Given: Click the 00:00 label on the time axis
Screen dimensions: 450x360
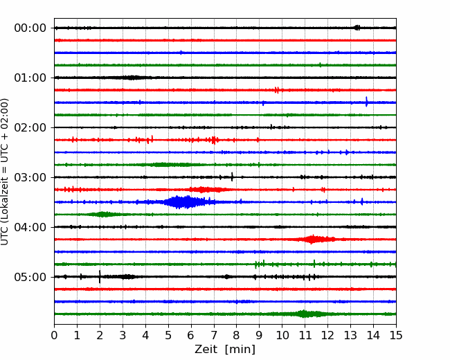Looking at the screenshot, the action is click(x=30, y=28).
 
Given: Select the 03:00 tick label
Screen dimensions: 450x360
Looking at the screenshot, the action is click(x=30, y=177).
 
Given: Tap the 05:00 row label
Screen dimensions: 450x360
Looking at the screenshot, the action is click(x=30, y=277).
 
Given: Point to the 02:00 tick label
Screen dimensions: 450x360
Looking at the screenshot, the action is click(x=30, y=128).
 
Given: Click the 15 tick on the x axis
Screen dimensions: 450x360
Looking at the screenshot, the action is click(x=396, y=335).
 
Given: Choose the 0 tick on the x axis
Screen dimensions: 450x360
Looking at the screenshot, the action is click(x=54, y=335).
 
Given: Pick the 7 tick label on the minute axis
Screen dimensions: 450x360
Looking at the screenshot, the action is click(x=214, y=335).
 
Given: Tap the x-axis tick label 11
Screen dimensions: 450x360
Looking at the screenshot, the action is click(x=305, y=335).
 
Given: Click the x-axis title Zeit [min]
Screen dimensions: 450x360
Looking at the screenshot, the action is click(x=225, y=350).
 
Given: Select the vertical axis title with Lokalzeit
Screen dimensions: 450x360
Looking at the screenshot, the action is click(x=5, y=172).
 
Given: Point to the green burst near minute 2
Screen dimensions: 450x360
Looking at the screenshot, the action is click(x=102, y=214).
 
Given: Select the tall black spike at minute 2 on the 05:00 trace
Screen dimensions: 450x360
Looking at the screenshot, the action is click(x=100, y=277).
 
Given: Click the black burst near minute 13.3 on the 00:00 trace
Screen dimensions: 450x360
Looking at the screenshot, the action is click(x=357, y=28).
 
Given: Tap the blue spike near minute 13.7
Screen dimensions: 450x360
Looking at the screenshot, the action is click(x=366, y=102).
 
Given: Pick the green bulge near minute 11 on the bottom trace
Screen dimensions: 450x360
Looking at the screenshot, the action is click(x=304, y=314).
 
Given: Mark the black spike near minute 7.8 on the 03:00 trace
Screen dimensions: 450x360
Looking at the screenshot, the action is click(x=232, y=177).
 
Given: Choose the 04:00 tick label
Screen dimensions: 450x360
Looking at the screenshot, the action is click(x=30, y=227).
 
